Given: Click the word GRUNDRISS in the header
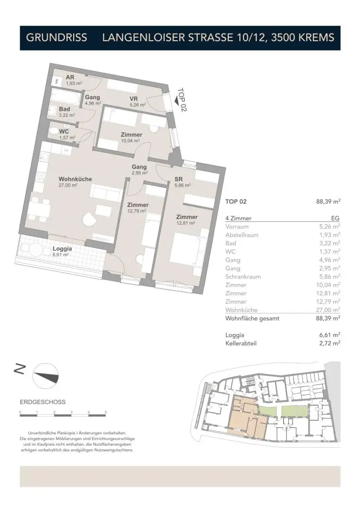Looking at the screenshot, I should pos(57,38).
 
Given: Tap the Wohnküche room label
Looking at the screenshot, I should pos(75,179).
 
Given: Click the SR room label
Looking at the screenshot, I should pos(178,180).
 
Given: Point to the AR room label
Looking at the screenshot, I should pos(70,77).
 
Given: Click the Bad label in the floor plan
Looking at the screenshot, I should pos(64,109).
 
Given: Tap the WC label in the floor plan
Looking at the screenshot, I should pos(64,132).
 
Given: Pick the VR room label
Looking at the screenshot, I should pos(134,99).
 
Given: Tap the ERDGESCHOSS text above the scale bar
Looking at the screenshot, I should pos(43,402).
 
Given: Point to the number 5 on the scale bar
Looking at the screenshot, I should pos(106,412).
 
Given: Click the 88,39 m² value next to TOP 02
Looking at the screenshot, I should pos(328,201).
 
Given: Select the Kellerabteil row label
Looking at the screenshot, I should pos(241,344).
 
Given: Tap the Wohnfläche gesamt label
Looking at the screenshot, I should pos(252,318).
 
